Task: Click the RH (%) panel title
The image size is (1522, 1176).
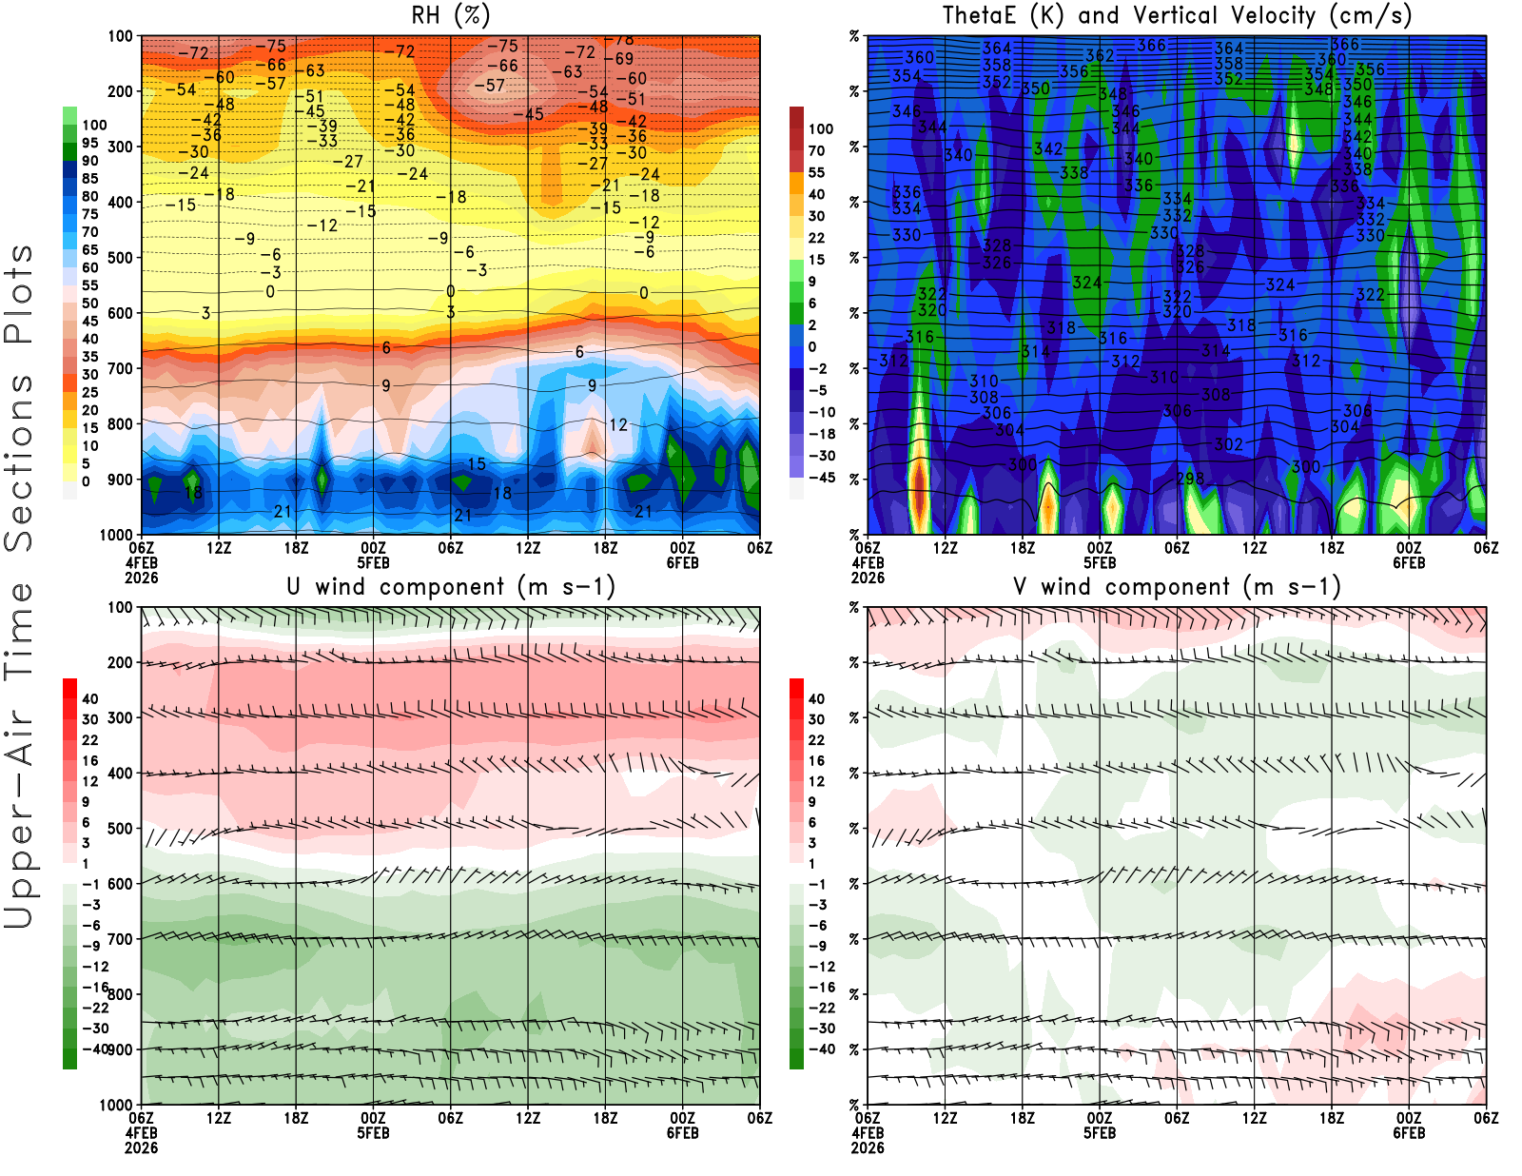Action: point(450,15)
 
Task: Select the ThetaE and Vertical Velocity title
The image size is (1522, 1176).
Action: point(1177,15)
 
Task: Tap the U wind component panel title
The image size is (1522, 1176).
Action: point(450,586)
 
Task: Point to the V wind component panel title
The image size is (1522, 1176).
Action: point(1177,586)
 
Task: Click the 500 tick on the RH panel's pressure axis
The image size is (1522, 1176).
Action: point(121,258)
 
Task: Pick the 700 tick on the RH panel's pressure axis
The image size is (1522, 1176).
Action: point(121,368)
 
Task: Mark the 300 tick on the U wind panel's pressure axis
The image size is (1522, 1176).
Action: point(121,717)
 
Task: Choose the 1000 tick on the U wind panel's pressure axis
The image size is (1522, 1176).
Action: point(117,1105)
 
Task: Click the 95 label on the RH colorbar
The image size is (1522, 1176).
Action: point(89,143)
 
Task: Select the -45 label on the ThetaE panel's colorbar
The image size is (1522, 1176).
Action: point(822,478)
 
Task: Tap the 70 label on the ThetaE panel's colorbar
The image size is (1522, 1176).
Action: point(816,150)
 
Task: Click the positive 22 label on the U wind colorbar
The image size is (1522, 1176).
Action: point(89,740)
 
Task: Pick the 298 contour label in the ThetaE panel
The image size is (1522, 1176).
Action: point(1190,479)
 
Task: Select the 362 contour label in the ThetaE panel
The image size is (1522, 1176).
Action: point(1100,56)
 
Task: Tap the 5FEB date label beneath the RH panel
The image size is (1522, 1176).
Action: point(373,562)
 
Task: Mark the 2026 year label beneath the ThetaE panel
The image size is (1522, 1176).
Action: point(868,578)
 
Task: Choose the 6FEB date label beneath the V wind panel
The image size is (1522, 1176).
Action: point(1409,1133)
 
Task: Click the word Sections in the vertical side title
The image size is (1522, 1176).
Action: point(18,462)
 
